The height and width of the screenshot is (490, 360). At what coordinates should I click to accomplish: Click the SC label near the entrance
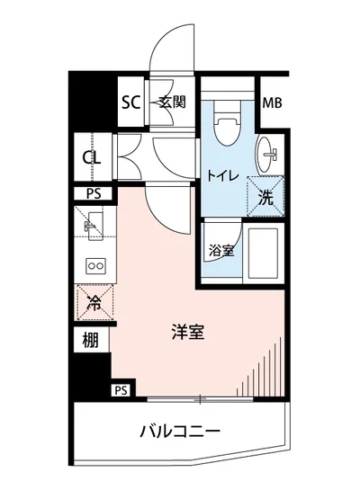(x=131, y=102)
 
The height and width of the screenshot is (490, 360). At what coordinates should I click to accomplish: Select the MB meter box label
(x=272, y=102)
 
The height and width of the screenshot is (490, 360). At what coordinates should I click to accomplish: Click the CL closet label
(x=91, y=158)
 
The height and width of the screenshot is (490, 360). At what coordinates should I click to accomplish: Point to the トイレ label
(x=222, y=176)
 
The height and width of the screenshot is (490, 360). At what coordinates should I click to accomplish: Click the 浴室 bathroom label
(x=221, y=251)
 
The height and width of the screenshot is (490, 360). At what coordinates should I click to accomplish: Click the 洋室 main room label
(x=187, y=331)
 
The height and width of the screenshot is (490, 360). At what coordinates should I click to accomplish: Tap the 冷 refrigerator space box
(x=93, y=303)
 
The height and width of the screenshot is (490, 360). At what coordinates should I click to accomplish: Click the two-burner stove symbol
(x=94, y=265)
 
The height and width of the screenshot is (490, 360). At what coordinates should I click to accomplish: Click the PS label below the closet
(x=93, y=193)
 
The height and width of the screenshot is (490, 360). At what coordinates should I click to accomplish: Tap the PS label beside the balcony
(x=121, y=390)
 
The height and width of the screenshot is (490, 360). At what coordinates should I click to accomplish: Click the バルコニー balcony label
(x=180, y=432)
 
